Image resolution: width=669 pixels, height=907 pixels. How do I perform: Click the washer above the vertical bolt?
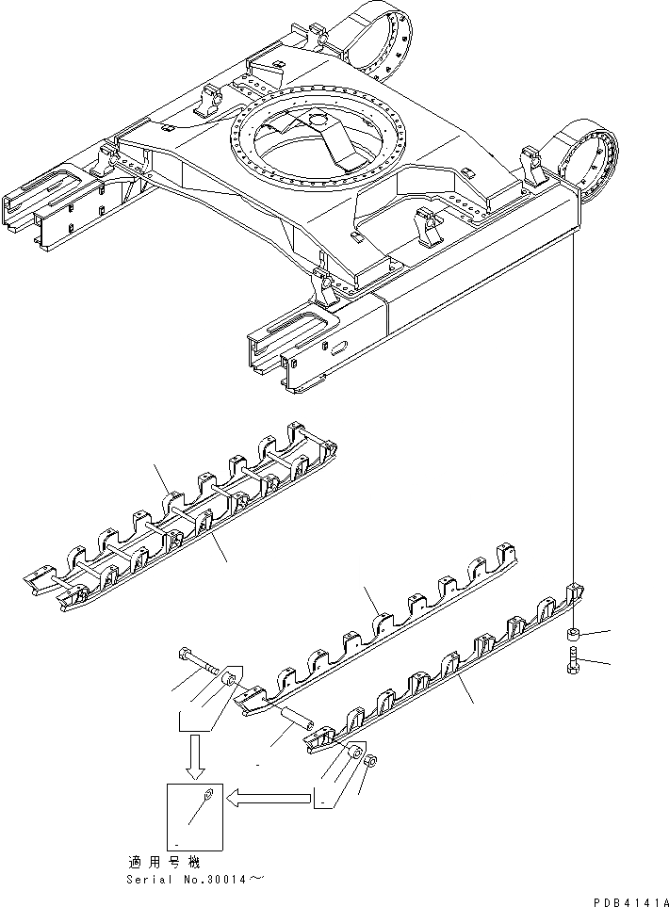coord(576,634)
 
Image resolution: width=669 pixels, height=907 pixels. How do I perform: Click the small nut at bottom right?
coord(370,761)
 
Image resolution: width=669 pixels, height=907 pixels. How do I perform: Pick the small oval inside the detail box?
coord(207,801)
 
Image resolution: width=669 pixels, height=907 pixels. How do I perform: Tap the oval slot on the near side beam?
coord(337,348)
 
